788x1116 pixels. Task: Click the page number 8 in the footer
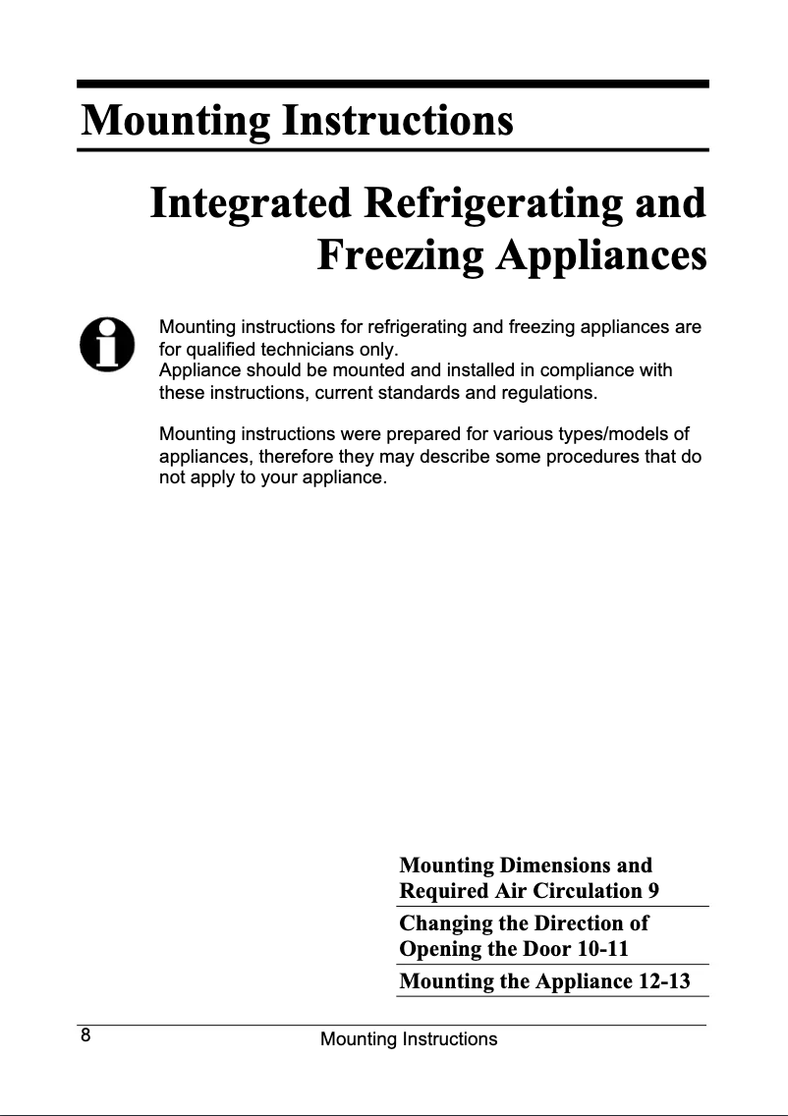(x=86, y=1035)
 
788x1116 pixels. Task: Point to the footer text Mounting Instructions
(x=409, y=1039)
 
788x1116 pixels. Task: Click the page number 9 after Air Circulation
(x=652, y=891)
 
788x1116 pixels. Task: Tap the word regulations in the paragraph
(x=546, y=394)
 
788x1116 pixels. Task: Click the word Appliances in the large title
(x=602, y=255)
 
